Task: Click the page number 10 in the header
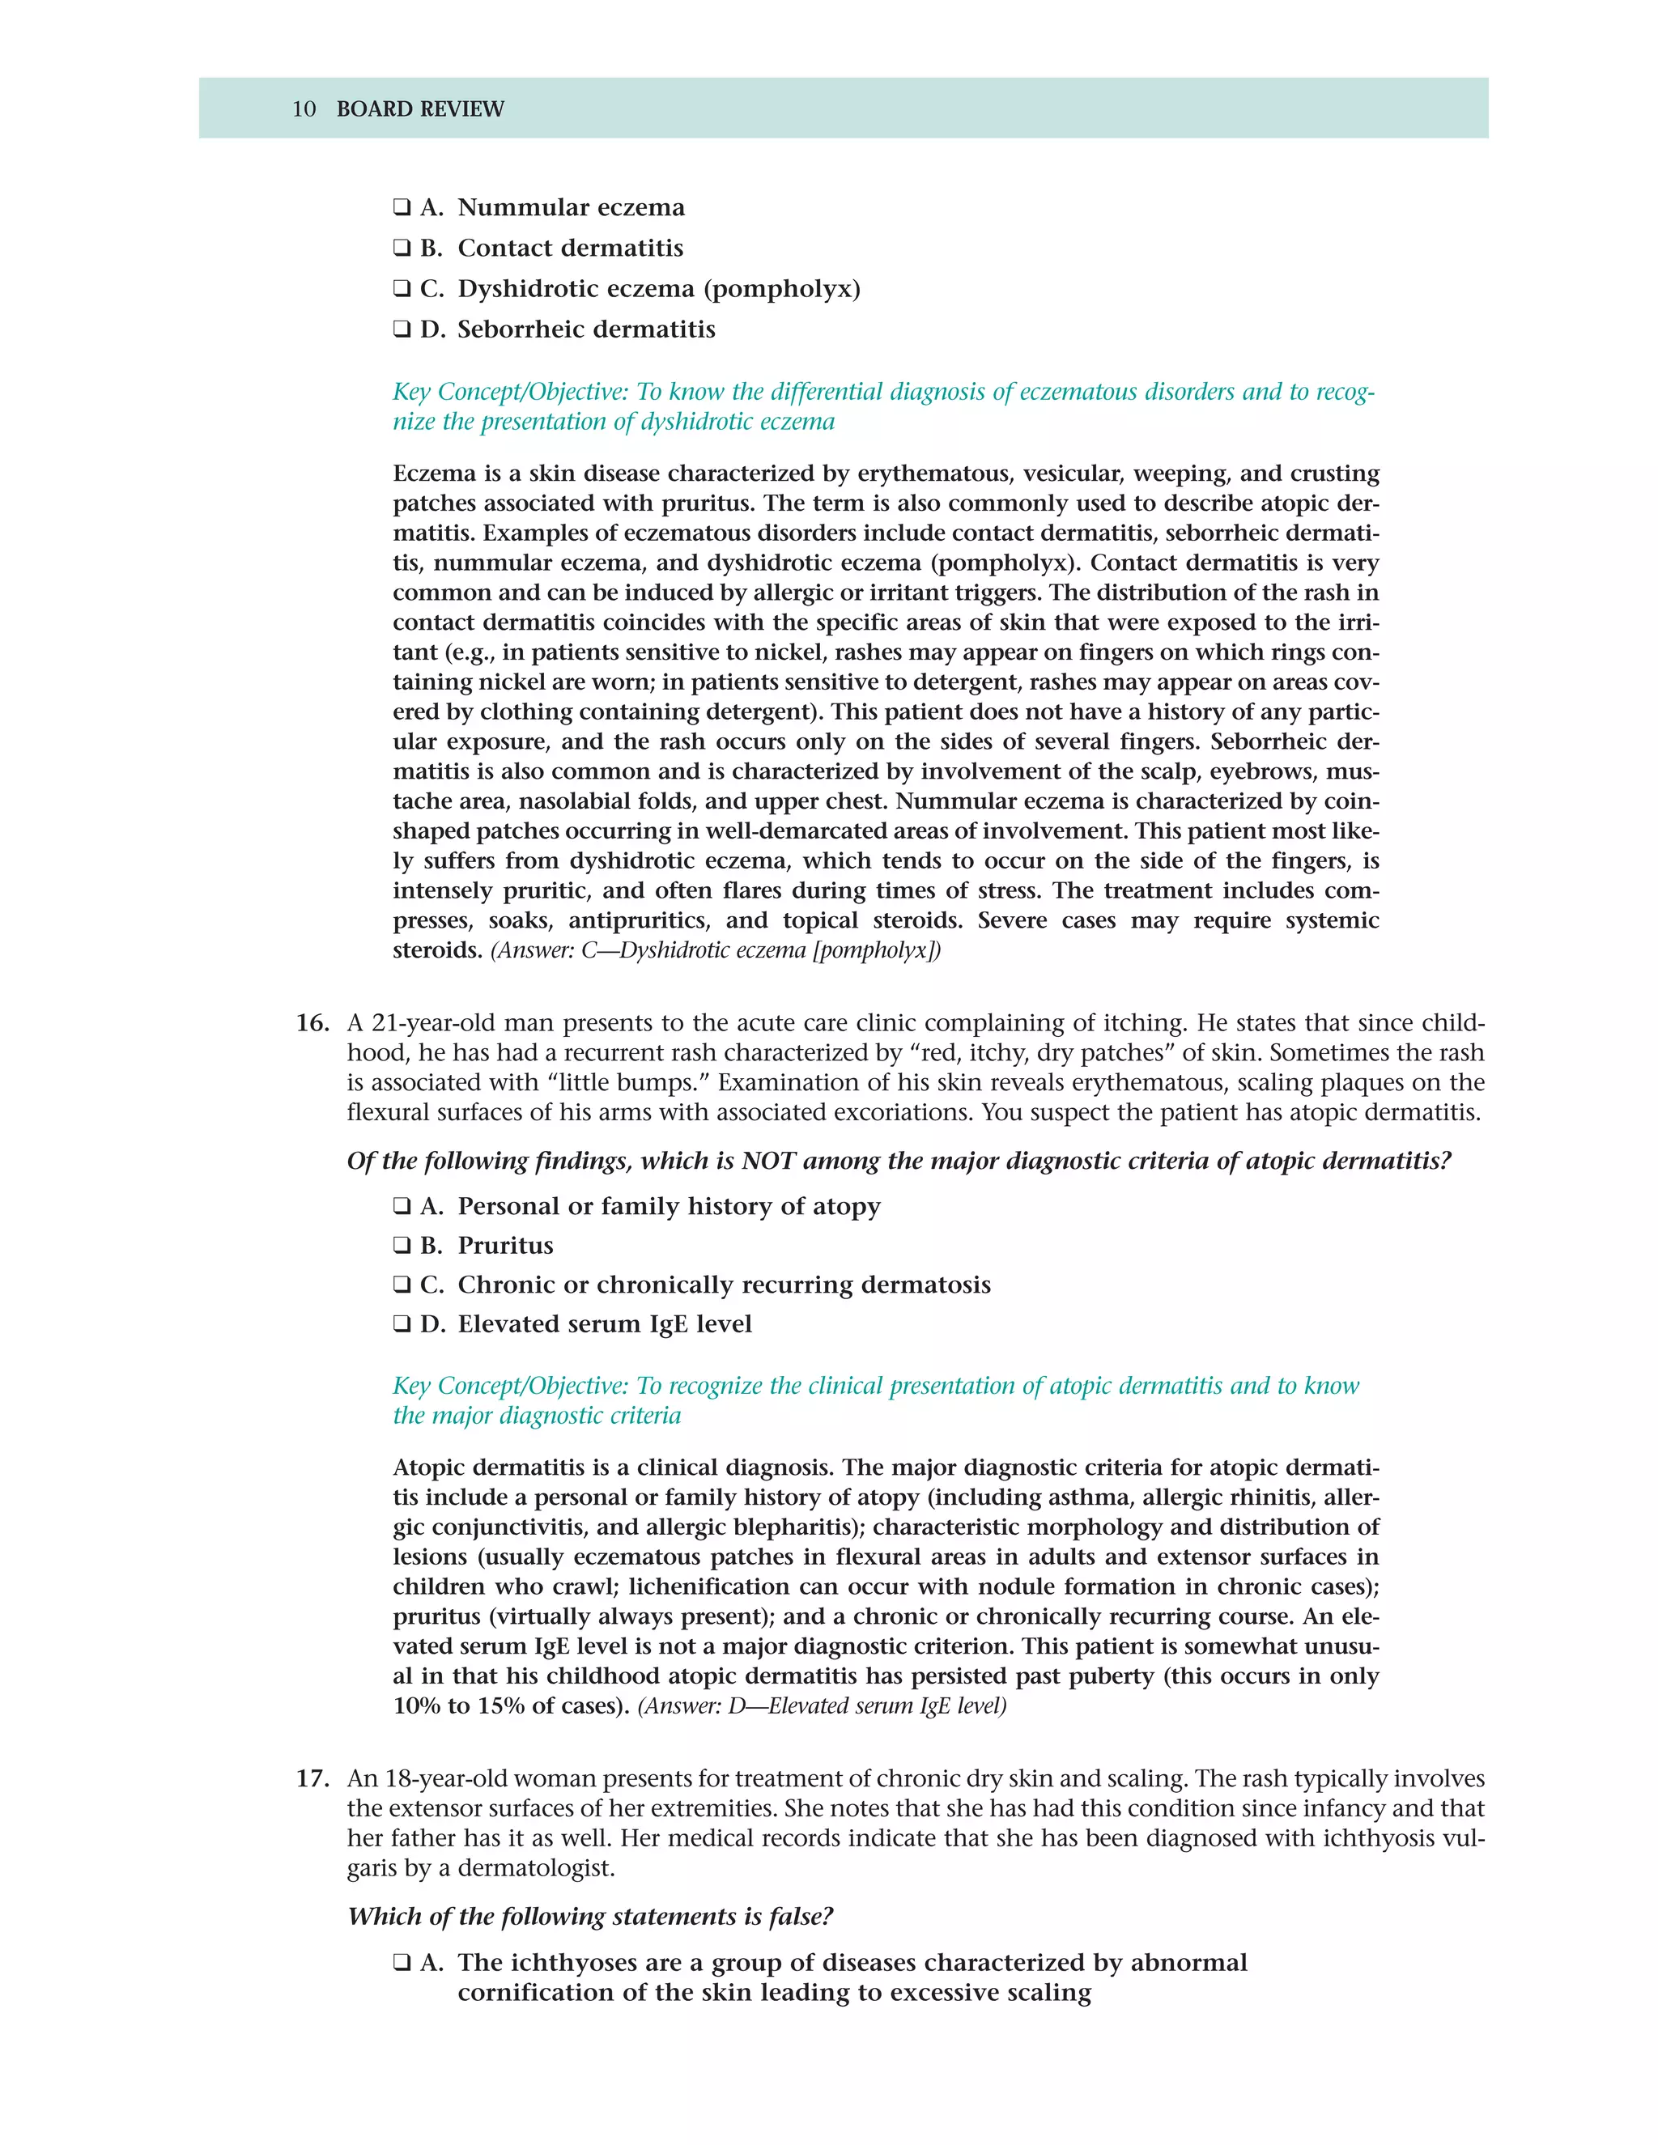pos(304,109)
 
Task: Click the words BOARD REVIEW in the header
pos(419,109)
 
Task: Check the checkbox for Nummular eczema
pos(402,208)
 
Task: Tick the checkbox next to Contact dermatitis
pos(402,248)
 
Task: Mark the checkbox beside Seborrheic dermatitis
pos(402,330)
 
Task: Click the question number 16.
pos(312,1023)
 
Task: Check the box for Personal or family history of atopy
pos(402,1206)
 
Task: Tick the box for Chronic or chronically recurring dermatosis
pos(402,1285)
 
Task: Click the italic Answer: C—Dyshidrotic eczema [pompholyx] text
pos(715,951)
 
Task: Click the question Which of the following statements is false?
pos(589,1916)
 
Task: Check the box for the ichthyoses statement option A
pos(402,1964)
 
